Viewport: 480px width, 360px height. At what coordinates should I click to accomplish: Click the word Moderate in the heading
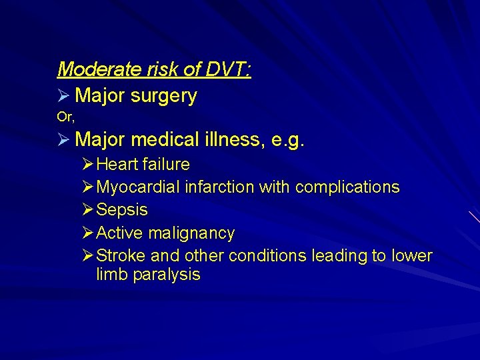[93, 69]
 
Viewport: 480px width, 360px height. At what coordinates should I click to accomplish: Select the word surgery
[164, 97]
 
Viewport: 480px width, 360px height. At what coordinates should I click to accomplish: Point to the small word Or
[65, 117]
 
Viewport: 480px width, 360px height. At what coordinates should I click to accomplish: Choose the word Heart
[119, 164]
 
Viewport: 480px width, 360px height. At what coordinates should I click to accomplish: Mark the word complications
[347, 187]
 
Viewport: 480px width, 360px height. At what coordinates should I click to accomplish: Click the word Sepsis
[122, 210]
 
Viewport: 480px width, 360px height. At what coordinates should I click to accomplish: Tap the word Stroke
[121, 256]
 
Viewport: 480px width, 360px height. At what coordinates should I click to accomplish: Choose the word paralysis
[167, 275]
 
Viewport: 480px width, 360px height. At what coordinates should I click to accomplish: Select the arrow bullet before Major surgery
[64, 97]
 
